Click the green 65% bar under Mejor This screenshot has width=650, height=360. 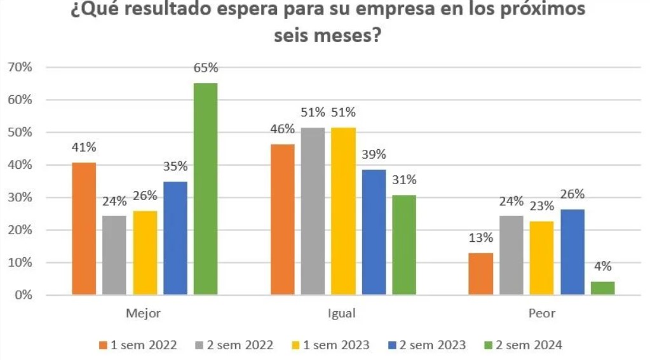[205, 189]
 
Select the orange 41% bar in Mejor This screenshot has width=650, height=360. [84, 229]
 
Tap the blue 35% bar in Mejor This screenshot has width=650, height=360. [175, 238]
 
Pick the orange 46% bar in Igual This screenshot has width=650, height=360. [283, 220]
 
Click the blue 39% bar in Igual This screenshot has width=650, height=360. [374, 232]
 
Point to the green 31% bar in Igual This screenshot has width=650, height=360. [404, 245]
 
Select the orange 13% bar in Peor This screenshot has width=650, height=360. [480, 274]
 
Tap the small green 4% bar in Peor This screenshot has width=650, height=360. [602, 288]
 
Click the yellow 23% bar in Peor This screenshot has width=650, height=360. [541, 258]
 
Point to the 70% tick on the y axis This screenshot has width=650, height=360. [20, 67]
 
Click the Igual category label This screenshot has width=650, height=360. [342, 313]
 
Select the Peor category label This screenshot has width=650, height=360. [541, 313]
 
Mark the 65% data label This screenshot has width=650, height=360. [206, 68]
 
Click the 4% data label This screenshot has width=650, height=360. [602, 267]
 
